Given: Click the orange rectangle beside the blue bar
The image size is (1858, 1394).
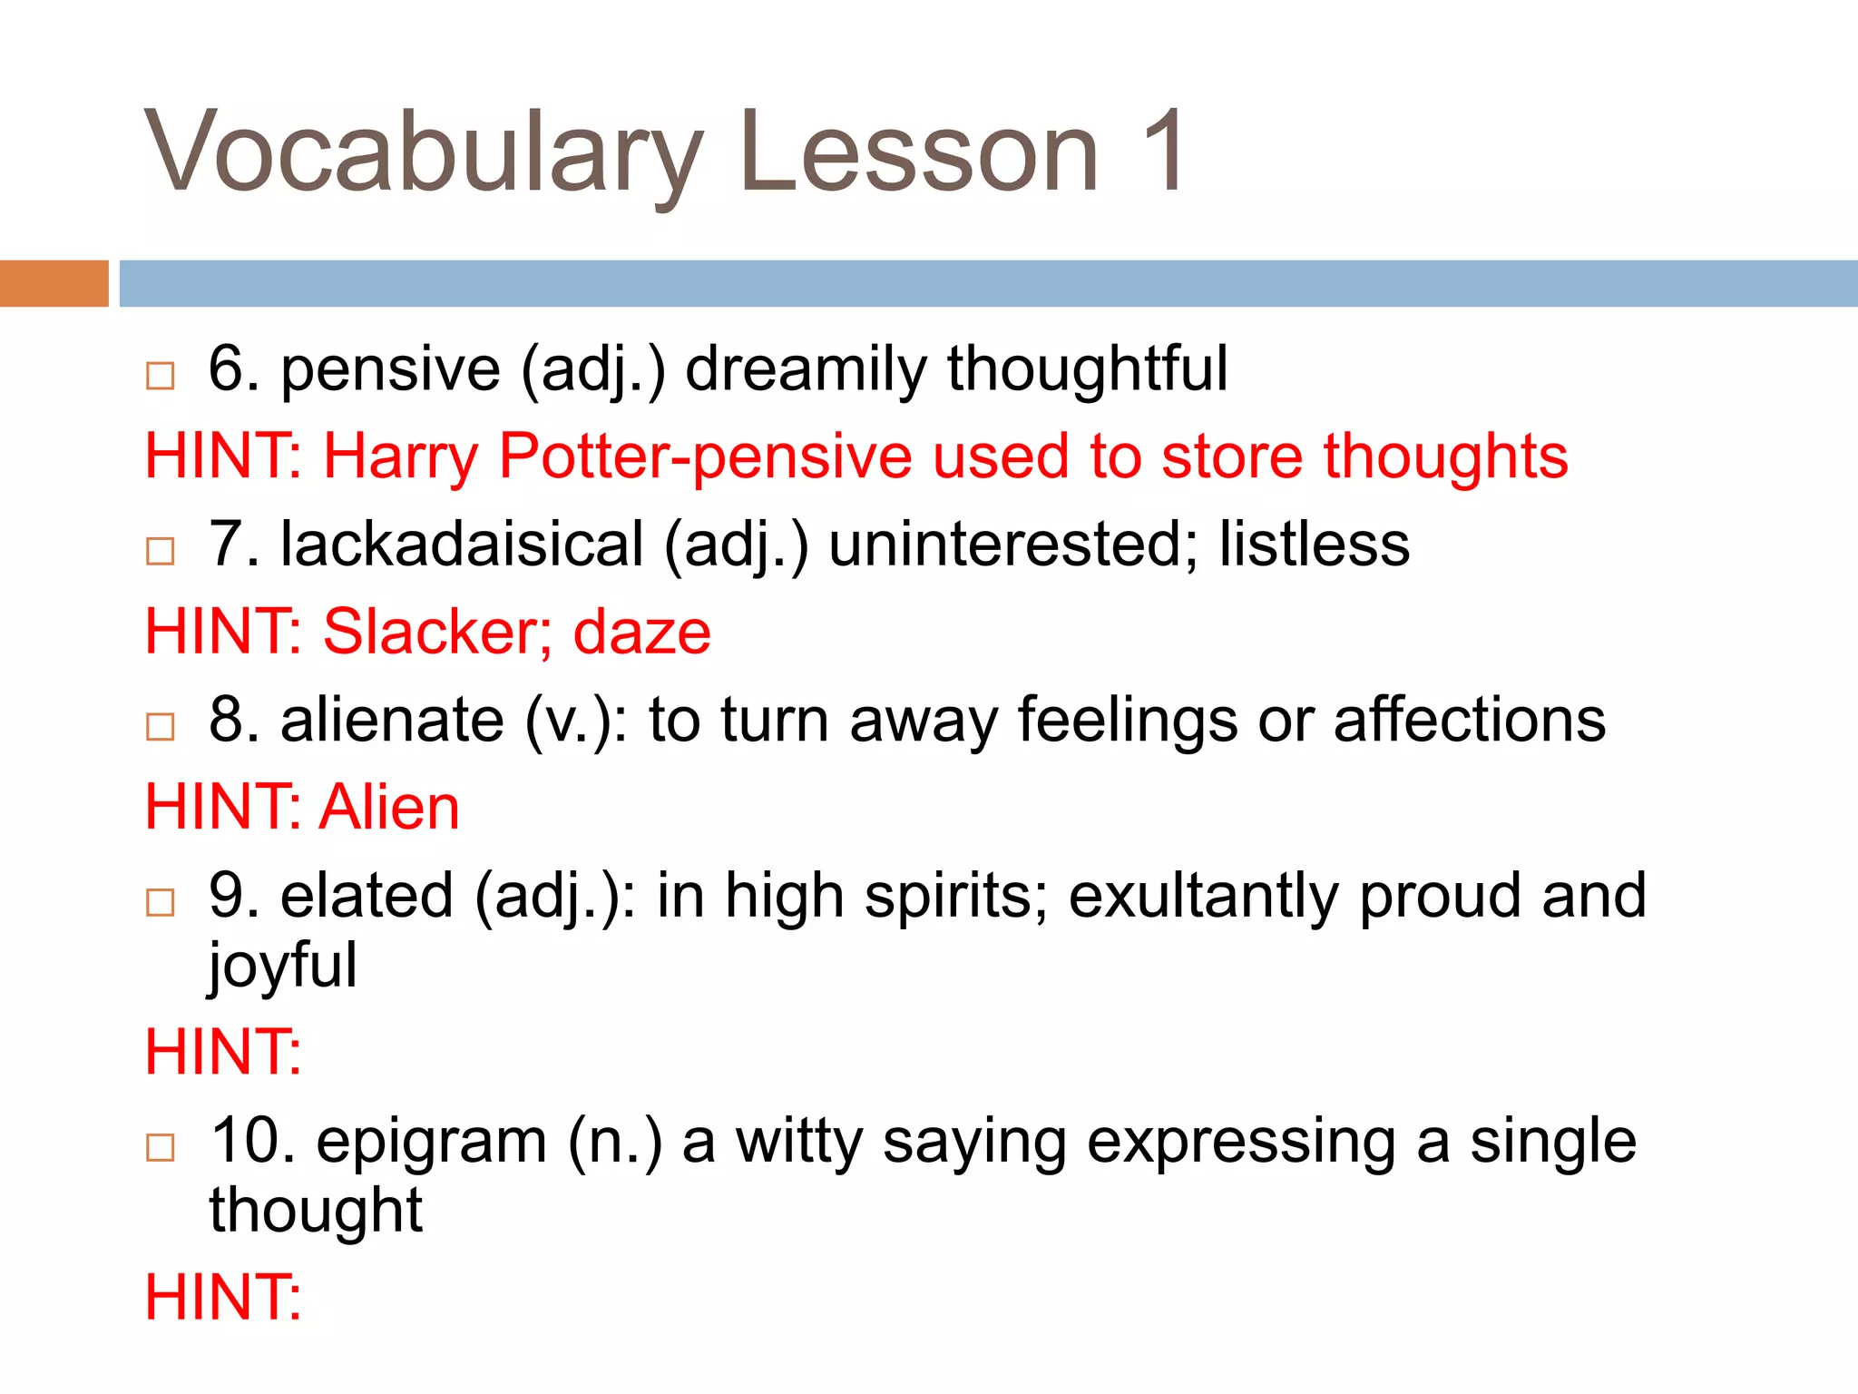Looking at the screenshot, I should tap(54, 283).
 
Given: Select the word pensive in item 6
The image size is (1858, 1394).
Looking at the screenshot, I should tap(390, 370).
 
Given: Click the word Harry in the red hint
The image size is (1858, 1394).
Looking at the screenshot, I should tap(400, 456).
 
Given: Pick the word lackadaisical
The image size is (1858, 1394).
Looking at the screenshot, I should tap(462, 545).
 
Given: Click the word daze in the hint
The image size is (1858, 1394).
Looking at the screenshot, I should tap(641, 632).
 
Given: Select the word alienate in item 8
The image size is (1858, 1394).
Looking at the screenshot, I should tap(392, 720).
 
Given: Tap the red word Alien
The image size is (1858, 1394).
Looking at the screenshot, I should tap(390, 807).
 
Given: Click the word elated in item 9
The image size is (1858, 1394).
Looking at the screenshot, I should tap(367, 896).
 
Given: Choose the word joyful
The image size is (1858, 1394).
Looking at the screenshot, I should tap(283, 966).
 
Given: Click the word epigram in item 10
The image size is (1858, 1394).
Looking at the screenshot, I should tap(431, 1141).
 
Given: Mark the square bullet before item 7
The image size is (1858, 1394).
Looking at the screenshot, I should tap(161, 550).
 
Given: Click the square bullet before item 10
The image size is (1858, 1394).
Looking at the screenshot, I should tap(161, 1147).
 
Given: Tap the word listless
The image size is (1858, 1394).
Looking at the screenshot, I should tap(1314, 545).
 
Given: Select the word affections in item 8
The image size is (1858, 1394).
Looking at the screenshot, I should tap(1469, 720).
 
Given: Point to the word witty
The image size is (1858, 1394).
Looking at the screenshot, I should tap(798, 1141).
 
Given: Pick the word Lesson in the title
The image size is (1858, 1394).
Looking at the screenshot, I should tap(919, 152).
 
